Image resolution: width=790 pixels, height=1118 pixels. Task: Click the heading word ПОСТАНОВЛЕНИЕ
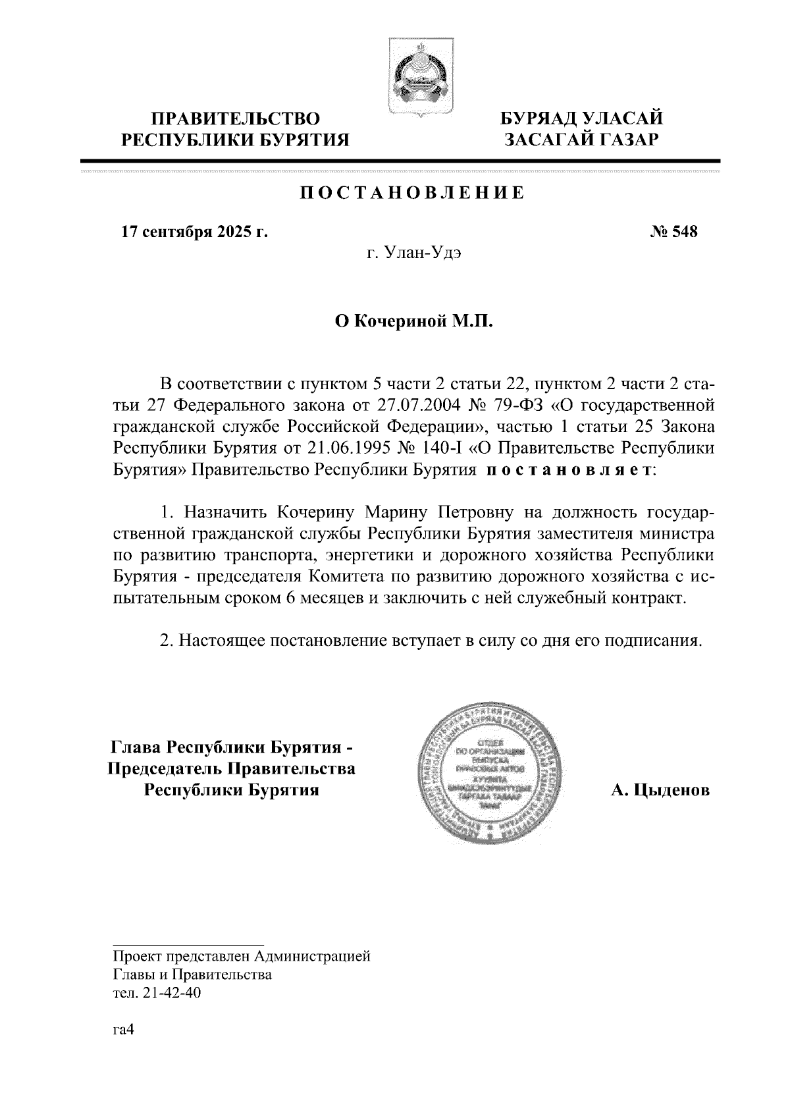click(413, 194)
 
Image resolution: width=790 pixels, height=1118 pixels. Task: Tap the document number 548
click(683, 232)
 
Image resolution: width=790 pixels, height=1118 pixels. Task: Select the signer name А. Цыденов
click(660, 790)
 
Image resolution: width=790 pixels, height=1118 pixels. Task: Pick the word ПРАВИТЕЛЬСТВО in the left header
click(236, 119)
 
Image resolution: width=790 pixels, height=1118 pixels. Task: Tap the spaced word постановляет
click(570, 471)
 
